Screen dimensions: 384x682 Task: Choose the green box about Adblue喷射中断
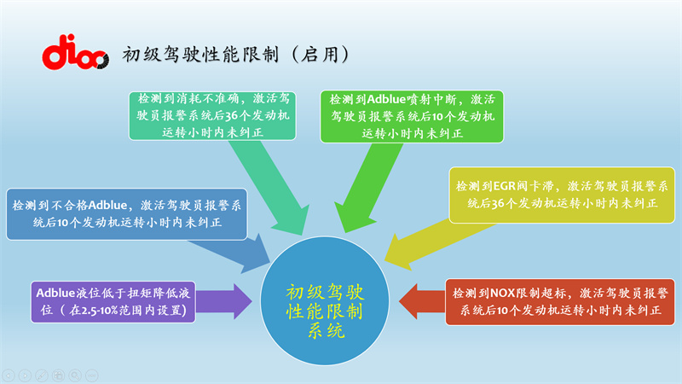[x=413, y=115]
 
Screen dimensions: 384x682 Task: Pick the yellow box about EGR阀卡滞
[x=563, y=195]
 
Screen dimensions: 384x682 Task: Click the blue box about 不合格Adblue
[x=126, y=213]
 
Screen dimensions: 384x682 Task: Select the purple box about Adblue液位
[x=113, y=301]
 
